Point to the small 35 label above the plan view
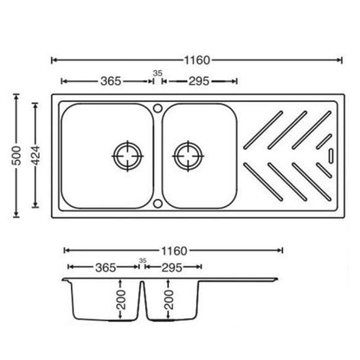point(157,73)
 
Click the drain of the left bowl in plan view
point(126,157)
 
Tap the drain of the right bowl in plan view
point(187,157)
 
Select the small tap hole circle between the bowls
point(157,108)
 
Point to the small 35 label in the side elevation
point(143,260)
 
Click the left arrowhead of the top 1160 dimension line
point(55,60)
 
